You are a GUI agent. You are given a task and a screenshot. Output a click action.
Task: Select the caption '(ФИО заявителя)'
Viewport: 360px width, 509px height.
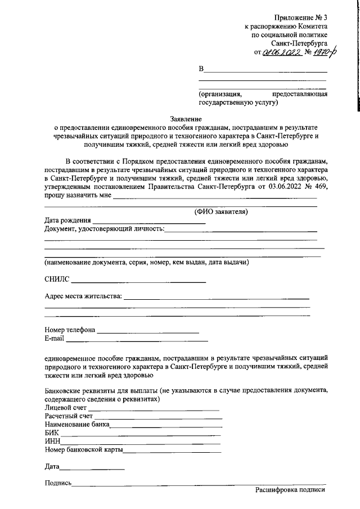pyautogui.click(x=220, y=211)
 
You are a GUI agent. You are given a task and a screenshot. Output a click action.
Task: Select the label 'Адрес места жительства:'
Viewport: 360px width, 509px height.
pyautogui.click(x=83, y=296)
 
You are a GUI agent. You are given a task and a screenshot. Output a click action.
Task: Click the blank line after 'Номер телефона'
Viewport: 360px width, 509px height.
pyautogui.click(x=148, y=331)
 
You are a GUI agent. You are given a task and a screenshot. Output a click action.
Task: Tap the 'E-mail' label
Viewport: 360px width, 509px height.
pyautogui.click(x=55, y=339)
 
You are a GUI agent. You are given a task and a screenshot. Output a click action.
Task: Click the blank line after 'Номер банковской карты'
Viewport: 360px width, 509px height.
pyautogui.click(x=172, y=451)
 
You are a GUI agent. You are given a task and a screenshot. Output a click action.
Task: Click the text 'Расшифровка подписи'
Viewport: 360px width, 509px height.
pyautogui.click(x=290, y=490)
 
